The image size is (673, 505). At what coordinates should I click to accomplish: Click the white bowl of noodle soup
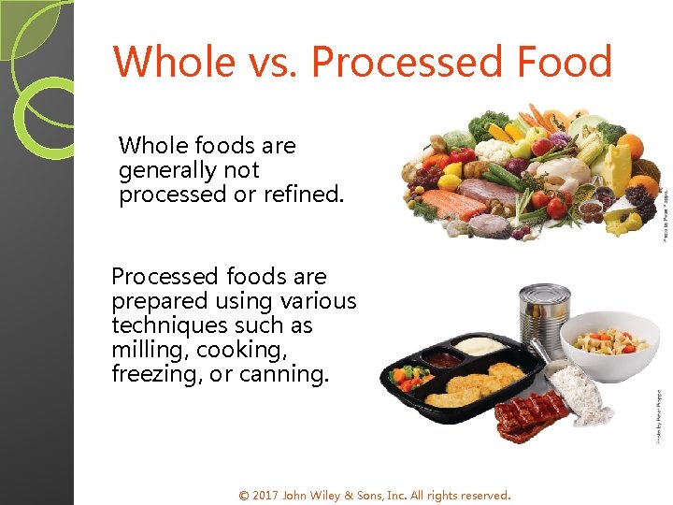click(x=609, y=342)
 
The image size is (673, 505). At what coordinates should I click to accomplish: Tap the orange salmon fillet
click(x=451, y=199)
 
